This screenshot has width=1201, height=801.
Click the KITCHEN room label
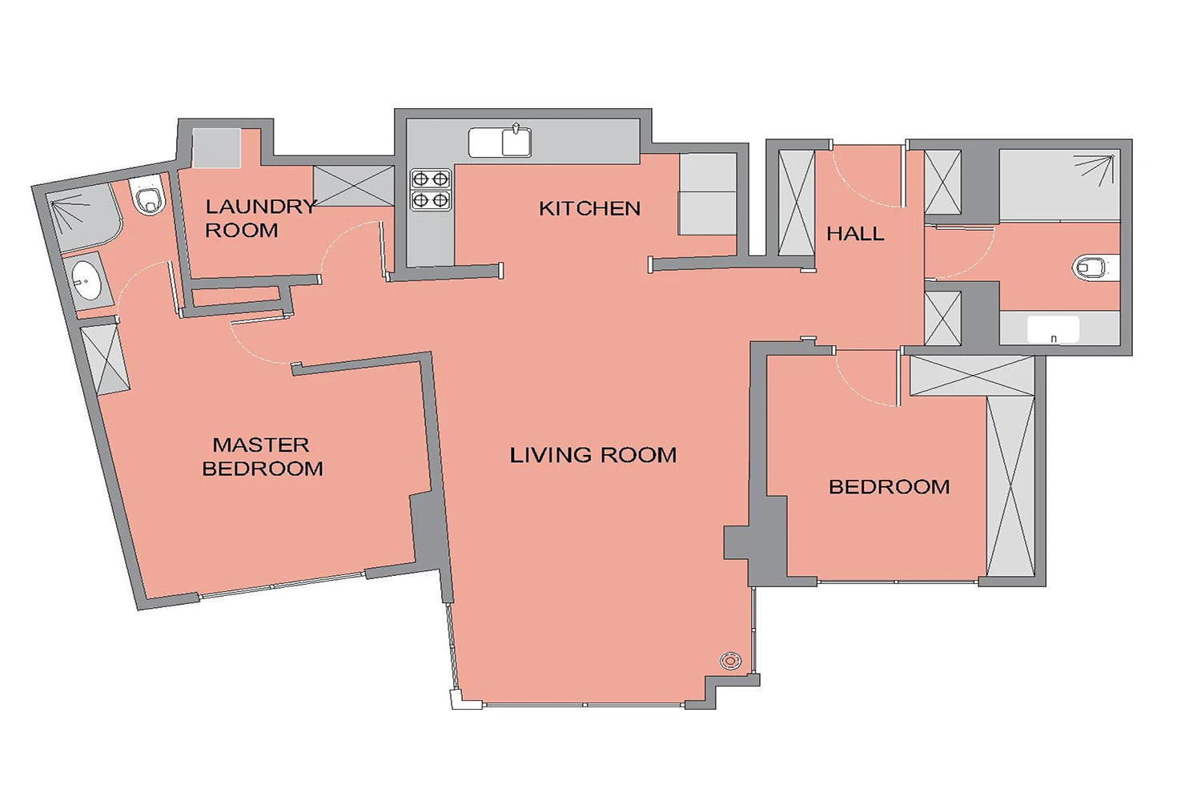(590, 209)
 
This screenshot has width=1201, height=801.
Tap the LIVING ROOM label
(593, 456)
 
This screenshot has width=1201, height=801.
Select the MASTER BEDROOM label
(263, 457)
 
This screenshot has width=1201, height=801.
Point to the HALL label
(855, 233)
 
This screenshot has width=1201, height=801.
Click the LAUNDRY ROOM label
(260, 219)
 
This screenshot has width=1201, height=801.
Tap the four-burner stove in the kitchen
(431, 190)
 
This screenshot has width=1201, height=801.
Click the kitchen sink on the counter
(500, 142)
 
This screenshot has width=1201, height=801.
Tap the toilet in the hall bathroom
(1091, 268)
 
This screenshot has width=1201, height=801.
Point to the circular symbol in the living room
(730, 661)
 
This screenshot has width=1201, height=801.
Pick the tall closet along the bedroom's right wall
(1010, 486)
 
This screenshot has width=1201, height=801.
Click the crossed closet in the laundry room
(354, 186)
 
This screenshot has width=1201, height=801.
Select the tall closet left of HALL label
(796, 203)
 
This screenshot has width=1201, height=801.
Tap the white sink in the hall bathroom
(1053, 329)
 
